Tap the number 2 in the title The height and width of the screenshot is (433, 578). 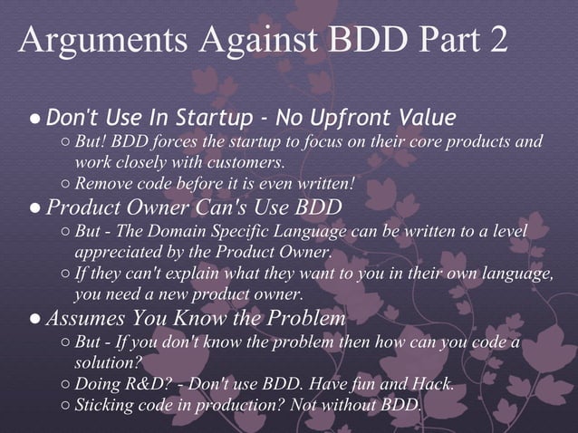click(x=496, y=42)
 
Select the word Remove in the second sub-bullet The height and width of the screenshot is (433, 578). click(x=102, y=184)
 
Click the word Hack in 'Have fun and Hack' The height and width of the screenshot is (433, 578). click(x=432, y=383)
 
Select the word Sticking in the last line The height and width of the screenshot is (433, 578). click(x=105, y=404)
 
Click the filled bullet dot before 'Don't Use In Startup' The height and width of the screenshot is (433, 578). click(x=33, y=119)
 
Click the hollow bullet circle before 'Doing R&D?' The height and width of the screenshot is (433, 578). click(x=65, y=384)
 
